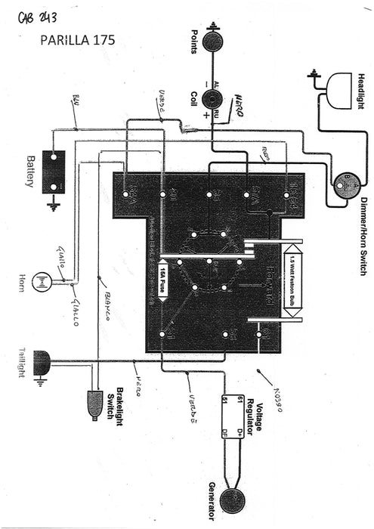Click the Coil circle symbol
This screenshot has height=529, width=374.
(x=215, y=98)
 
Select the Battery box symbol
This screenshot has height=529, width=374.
(x=54, y=172)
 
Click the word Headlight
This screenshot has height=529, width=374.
(x=362, y=91)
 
